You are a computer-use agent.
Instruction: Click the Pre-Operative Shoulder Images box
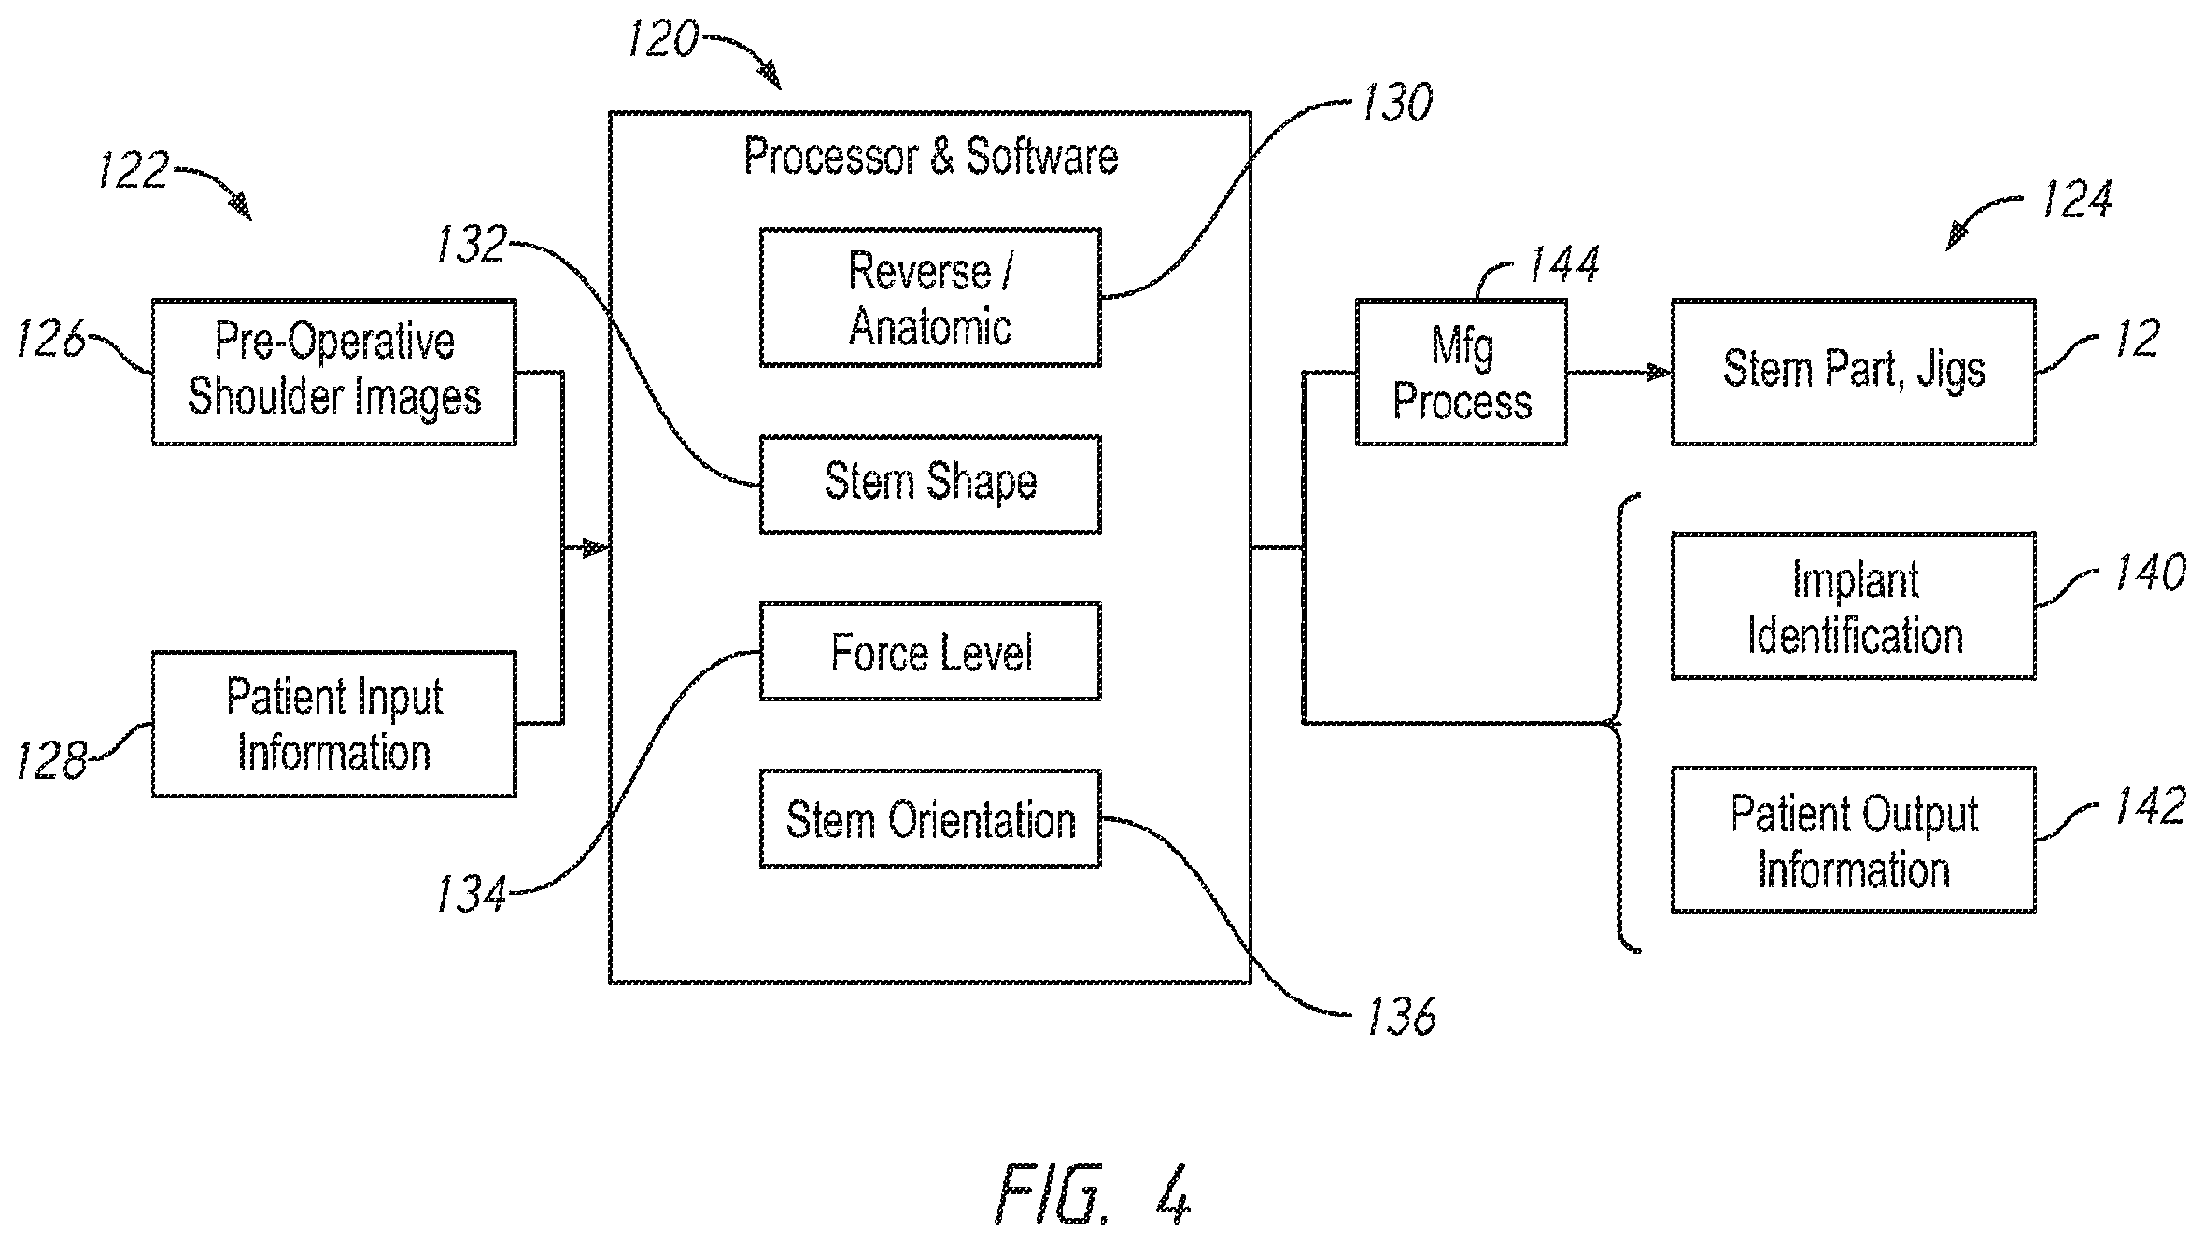(x=334, y=372)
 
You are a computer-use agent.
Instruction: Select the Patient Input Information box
(x=334, y=724)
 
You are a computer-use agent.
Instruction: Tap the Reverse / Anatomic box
(x=930, y=297)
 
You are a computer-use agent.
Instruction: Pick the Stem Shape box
(x=930, y=485)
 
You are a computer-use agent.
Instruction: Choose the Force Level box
(x=930, y=652)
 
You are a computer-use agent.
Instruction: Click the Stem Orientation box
(x=930, y=819)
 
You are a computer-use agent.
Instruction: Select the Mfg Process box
(x=1462, y=372)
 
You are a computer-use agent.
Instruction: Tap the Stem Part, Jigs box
(x=1854, y=372)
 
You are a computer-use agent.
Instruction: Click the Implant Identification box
(x=1854, y=606)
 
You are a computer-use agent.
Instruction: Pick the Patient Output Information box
(x=1854, y=841)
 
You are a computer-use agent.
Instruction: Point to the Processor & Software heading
(x=930, y=156)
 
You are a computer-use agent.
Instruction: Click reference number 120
(x=662, y=40)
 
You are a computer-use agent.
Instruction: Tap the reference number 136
(x=1401, y=1017)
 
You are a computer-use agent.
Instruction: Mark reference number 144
(x=1563, y=264)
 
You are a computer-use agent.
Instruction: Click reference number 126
(x=51, y=339)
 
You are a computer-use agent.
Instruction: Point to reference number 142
(x=2150, y=806)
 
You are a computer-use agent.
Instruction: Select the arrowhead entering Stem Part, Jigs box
(x=1659, y=373)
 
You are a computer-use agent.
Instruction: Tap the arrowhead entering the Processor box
(x=596, y=548)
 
